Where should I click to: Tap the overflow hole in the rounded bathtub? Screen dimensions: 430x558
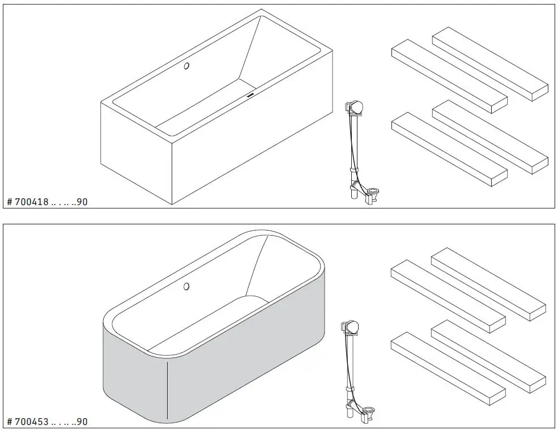tap(186, 287)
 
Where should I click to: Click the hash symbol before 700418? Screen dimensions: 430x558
tap(8, 202)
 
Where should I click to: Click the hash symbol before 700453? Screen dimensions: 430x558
tap(8, 422)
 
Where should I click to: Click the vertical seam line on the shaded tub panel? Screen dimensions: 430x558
tap(168, 391)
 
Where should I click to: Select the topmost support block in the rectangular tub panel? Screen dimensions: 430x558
tap(490, 63)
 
